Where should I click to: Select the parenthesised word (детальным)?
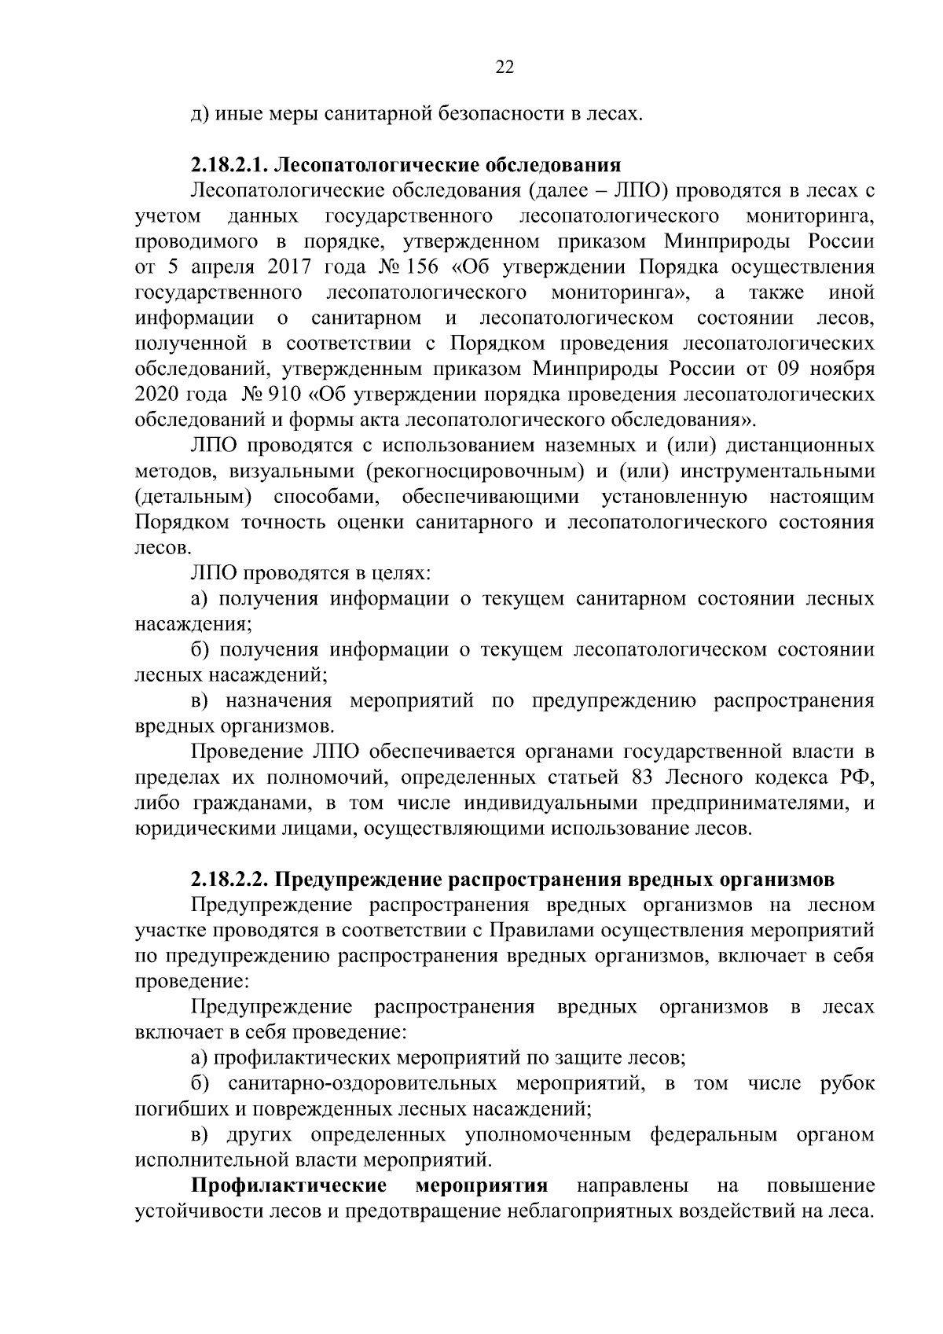193,497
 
